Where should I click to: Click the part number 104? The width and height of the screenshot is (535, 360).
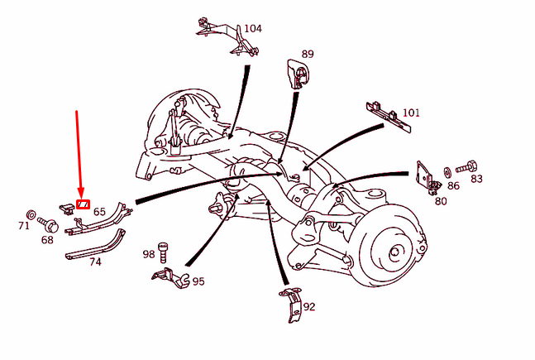tap(252, 28)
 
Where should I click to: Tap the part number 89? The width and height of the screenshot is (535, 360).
tap(308, 55)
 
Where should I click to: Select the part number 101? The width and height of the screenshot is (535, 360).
tap(411, 113)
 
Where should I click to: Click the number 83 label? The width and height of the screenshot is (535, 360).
tap(476, 178)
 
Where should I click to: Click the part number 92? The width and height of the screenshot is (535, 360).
tap(309, 306)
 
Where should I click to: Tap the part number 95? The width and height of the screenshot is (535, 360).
tap(198, 281)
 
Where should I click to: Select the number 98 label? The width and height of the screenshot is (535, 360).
tap(149, 254)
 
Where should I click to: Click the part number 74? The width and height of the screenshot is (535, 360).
tap(95, 262)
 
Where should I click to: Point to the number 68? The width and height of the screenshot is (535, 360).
tap(47, 240)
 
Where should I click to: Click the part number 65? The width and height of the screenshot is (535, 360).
tap(99, 212)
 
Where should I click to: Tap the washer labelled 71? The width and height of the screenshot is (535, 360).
tap(31, 214)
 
